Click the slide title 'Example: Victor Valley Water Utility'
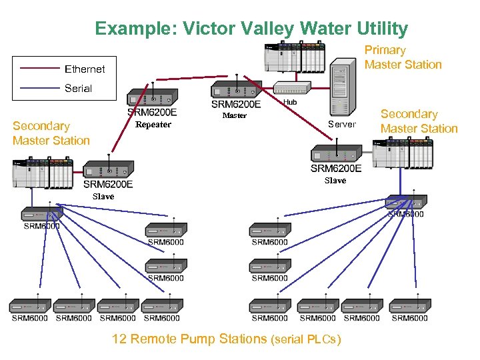point(251,29)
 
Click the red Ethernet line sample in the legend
point(40,69)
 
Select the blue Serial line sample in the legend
point(40,88)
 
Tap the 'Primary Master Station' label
point(403,57)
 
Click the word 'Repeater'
point(153,125)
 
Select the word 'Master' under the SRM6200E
point(234,115)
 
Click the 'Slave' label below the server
point(335,181)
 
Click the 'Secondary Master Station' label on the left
point(51,133)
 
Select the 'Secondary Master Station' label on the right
point(419,121)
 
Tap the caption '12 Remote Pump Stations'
point(189,339)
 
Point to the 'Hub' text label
point(290,102)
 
